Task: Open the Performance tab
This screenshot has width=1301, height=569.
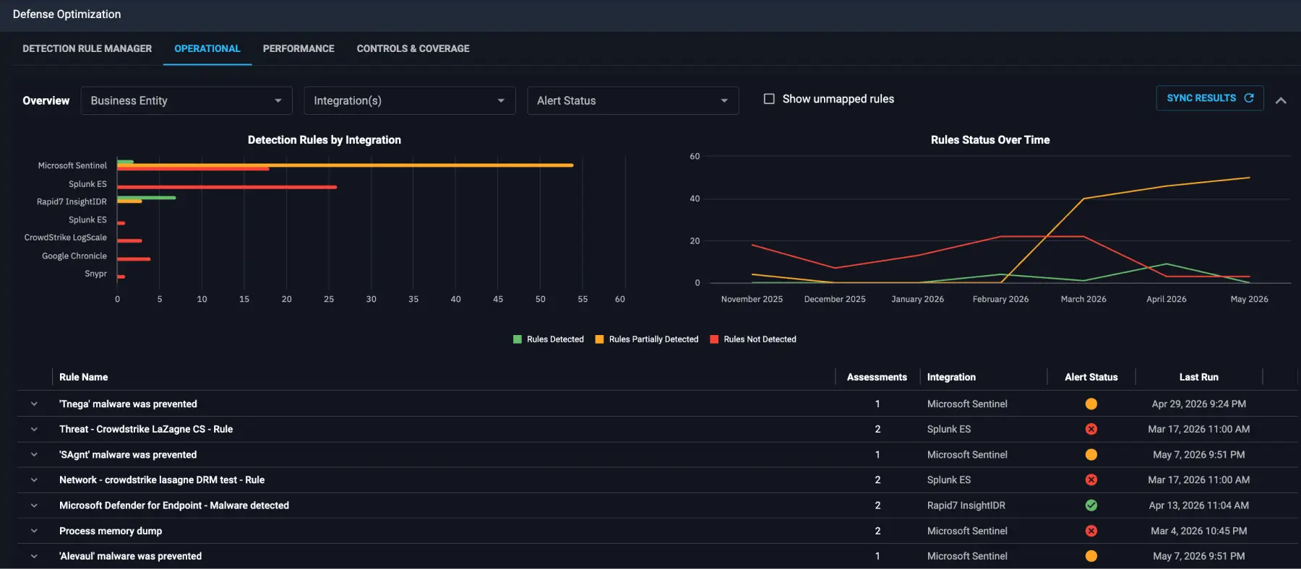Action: [x=299, y=48]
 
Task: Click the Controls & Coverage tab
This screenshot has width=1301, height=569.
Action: [x=413, y=48]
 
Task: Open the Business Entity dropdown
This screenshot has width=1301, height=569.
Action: [x=186, y=100]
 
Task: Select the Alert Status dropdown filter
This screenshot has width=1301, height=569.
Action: [x=632, y=100]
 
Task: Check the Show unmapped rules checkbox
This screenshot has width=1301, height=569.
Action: [x=769, y=99]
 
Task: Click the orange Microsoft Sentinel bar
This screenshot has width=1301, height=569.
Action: [x=345, y=165]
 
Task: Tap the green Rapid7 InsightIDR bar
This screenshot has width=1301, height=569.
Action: [x=147, y=197]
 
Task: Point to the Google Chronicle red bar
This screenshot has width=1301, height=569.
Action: [x=134, y=259]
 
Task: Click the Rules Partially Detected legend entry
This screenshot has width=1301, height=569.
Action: [x=647, y=339]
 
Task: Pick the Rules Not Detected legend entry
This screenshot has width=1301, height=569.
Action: [x=753, y=339]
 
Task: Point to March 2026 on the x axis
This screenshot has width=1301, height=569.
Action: [x=1083, y=299]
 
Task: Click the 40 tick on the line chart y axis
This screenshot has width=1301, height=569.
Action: [x=695, y=199]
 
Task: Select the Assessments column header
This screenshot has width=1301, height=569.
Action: [x=877, y=377]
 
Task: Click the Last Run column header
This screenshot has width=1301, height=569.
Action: [x=1199, y=377]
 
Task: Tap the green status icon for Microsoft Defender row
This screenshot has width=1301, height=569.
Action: [x=1091, y=505]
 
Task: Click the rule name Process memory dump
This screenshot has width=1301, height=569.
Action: [x=111, y=531]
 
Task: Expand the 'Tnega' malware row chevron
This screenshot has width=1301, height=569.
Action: [x=34, y=404]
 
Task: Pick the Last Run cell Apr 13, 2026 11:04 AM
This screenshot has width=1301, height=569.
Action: [x=1199, y=505]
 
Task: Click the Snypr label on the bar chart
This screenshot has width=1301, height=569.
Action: [x=95, y=274]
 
